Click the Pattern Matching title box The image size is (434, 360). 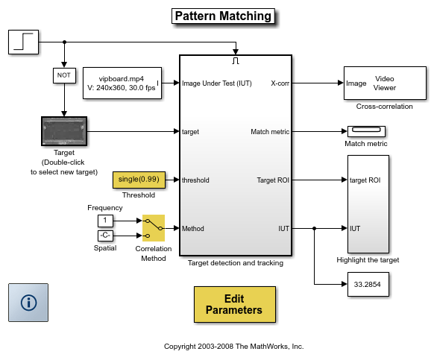[223, 16]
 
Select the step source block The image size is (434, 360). [24, 42]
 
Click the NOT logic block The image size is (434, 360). [64, 75]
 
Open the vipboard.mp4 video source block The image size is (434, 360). [122, 83]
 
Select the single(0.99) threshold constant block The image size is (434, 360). [139, 180]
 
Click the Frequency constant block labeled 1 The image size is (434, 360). [105, 221]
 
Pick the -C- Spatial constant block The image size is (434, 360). [105, 236]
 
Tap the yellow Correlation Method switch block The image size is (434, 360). [154, 228]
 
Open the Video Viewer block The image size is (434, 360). [385, 83]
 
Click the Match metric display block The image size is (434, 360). [366, 131]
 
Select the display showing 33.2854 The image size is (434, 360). [368, 284]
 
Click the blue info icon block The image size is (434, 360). [28, 303]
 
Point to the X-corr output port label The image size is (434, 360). [280, 83]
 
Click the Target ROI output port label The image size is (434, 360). [273, 180]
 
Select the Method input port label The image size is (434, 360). [193, 229]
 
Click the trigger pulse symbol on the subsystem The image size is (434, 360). [236, 61]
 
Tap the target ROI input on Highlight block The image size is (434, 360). [365, 180]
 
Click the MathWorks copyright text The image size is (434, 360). [234, 347]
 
